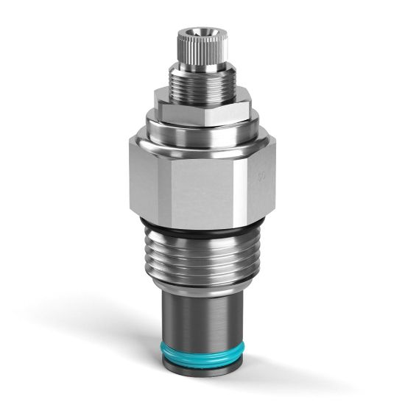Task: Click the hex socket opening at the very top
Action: click(198, 32)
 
